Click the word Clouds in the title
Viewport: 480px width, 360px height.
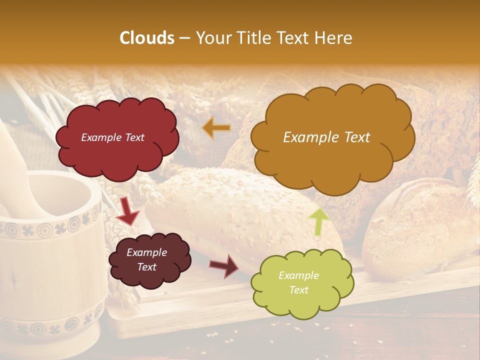coord(147,38)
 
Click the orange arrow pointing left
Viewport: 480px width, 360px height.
coord(216,128)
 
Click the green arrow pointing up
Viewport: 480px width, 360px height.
coord(318,221)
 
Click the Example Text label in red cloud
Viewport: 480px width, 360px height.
coord(112,137)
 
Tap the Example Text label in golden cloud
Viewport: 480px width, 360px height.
coord(326,137)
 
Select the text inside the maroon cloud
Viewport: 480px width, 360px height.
coord(146,259)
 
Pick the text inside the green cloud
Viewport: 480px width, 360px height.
coord(298,282)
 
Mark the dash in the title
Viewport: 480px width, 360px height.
coord(184,38)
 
